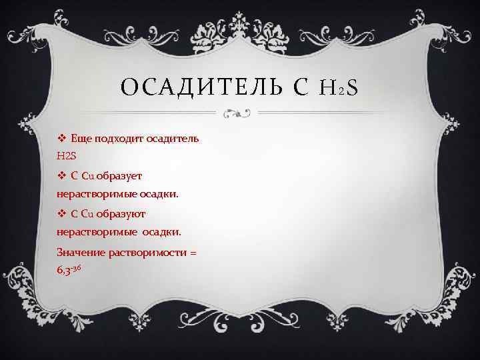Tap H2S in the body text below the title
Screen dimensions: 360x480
point(68,155)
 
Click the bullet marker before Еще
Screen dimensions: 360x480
point(61,138)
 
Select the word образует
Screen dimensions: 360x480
point(123,175)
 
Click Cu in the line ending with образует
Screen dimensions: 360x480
point(87,175)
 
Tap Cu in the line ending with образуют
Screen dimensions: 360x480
point(87,214)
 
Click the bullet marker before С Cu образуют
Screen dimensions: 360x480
point(61,214)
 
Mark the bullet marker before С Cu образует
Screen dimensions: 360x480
point(61,175)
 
